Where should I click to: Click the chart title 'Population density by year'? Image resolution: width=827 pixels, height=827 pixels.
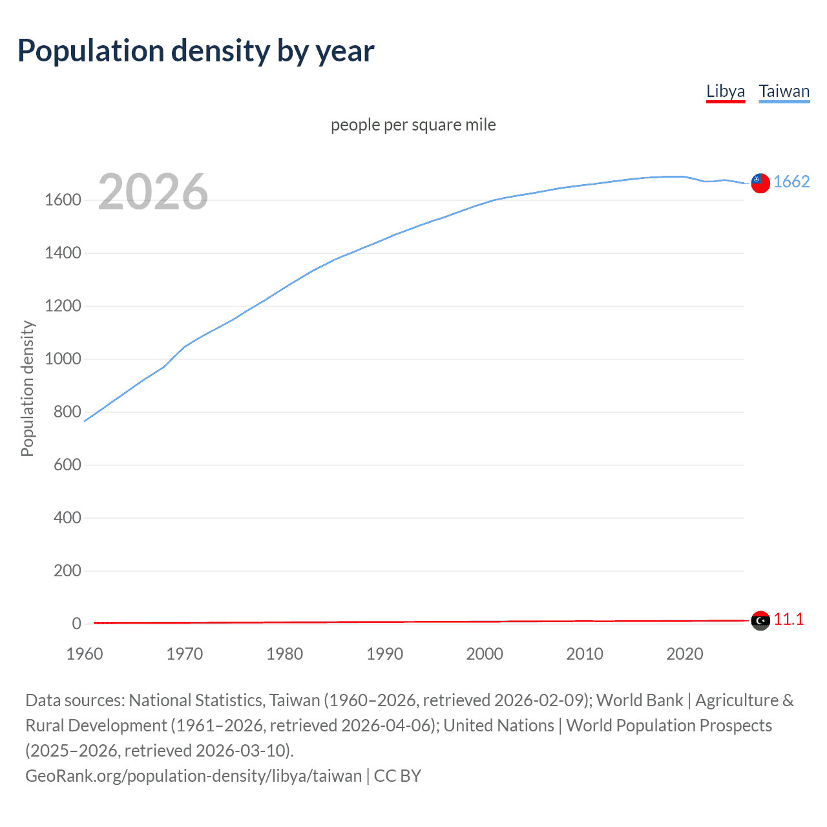coord(196,51)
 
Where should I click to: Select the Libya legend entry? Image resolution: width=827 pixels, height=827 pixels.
coord(726,91)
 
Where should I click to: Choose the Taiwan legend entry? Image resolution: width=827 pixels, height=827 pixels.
coord(784,91)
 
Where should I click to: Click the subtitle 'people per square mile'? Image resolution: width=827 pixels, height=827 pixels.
coord(413,125)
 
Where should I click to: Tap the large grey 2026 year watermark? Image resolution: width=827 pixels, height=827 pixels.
coord(153,192)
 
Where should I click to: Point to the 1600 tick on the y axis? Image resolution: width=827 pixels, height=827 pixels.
coord(63,200)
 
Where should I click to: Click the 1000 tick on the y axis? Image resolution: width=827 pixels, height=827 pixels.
coord(63,359)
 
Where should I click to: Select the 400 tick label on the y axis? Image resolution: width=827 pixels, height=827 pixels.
coord(67,518)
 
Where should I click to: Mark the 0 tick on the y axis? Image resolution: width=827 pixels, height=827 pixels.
coord(76,624)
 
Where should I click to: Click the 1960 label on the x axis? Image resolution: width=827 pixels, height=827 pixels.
coord(85,654)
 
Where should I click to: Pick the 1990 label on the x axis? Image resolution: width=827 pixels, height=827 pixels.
coord(384,654)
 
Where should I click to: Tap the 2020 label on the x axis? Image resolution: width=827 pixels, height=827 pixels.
coord(684,654)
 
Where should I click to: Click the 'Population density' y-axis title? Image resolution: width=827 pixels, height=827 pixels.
coord(27,389)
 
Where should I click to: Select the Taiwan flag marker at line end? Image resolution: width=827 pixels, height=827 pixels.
coord(760,183)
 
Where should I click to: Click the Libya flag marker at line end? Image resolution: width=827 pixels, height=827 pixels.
coord(760,620)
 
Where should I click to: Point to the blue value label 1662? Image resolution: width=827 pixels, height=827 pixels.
coord(791,182)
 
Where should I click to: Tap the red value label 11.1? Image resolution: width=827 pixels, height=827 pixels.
coord(789,620)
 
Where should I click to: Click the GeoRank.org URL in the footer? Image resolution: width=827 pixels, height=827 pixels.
coord(193,776)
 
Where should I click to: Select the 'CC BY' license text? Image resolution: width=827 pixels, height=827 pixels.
coord(397,776)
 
